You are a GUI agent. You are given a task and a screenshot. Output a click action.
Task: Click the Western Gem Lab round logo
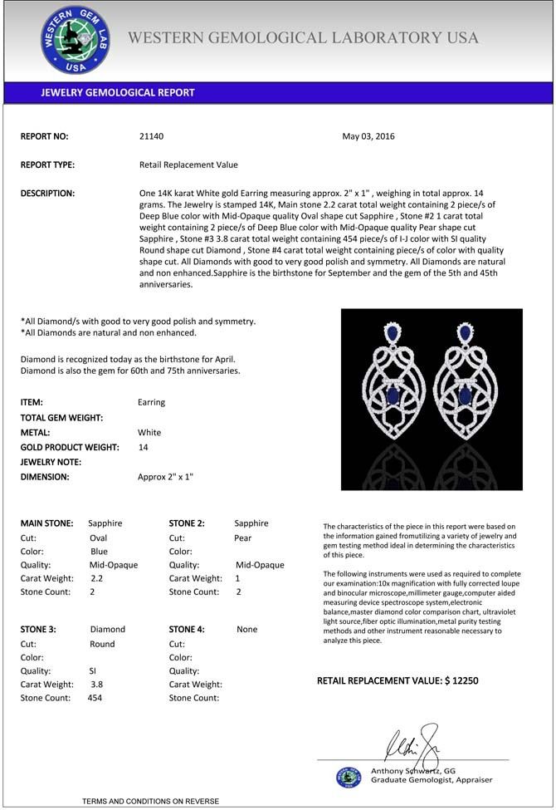click(76, 39)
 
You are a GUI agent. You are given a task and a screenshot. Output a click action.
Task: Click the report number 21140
click(153, 136)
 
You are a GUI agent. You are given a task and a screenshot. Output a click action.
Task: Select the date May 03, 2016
click(368, 136)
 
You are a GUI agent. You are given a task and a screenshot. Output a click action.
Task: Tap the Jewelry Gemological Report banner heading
click(118, 93)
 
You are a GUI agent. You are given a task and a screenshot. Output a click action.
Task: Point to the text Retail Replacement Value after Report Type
click(188, 164)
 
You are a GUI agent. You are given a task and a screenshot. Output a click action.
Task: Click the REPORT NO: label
click(44, 136)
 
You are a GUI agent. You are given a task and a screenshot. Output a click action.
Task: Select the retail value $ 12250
click(461, 681)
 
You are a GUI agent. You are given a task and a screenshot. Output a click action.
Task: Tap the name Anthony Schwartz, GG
click(413, 771)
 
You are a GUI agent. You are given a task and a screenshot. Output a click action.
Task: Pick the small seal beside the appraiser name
click(349, 777)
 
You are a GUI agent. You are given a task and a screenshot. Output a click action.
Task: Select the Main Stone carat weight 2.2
click(97, 578)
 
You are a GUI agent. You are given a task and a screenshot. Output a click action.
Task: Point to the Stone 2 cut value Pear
click(242, 538)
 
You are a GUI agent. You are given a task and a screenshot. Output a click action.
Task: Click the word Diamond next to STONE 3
click(107, 630)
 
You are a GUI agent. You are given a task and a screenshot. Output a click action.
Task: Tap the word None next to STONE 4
click(247, 630)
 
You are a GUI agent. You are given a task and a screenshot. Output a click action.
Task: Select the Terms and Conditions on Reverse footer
click(150, 801)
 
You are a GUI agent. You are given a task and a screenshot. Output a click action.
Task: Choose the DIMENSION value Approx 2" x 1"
click(165, 478)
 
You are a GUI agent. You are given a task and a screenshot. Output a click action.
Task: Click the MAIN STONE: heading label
click(46, 523)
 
